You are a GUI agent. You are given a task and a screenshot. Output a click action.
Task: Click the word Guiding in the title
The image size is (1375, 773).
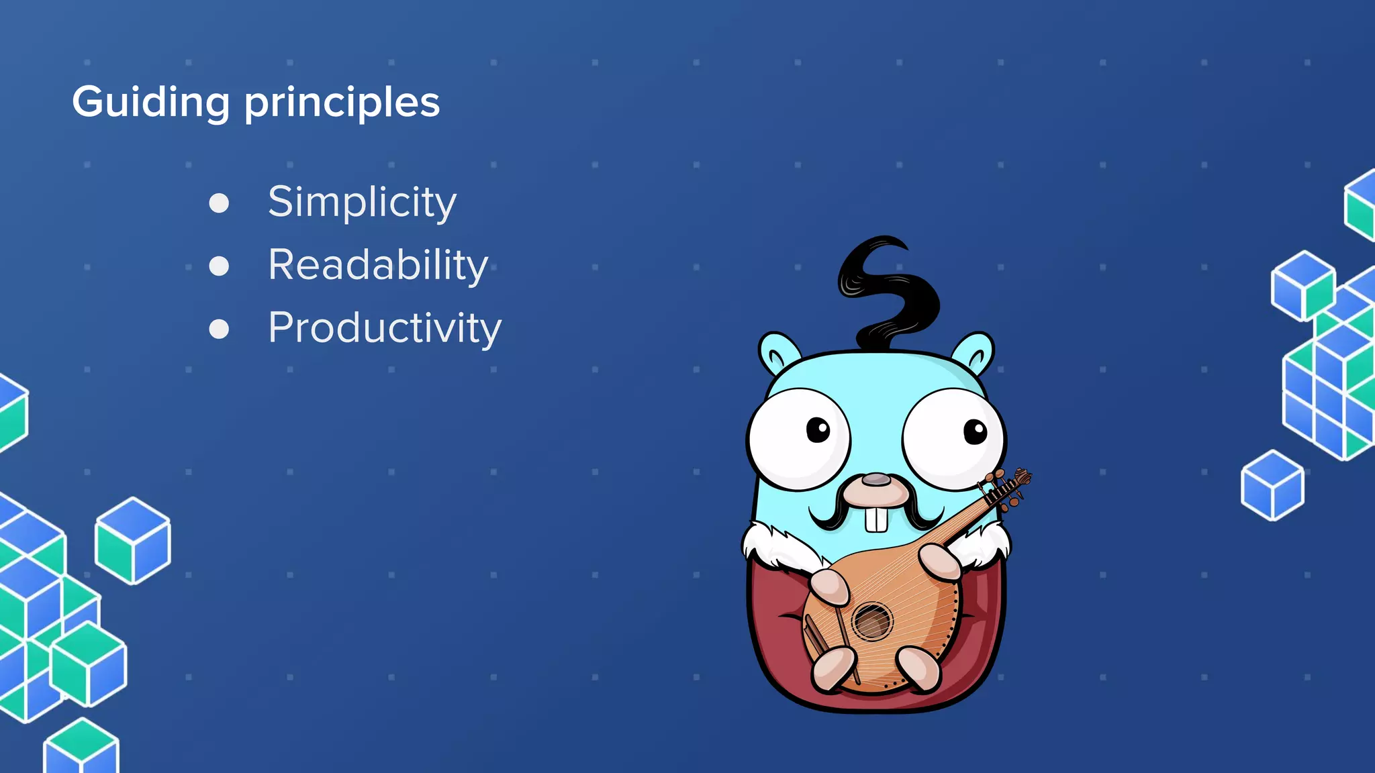[x=150, y=103]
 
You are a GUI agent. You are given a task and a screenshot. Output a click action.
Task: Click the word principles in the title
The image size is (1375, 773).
[x=342, y=103]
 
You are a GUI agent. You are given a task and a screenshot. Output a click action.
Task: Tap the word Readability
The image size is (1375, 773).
[x=377, y=264]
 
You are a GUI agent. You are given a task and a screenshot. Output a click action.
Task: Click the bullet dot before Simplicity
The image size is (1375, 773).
[x=219, y=203]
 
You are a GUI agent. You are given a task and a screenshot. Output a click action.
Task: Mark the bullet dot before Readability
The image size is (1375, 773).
[x=219, y=266]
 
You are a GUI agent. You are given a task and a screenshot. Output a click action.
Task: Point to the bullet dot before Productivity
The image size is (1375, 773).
[x=219, y=329]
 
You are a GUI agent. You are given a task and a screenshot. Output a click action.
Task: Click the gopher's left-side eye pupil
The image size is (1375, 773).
[x=818, y=429]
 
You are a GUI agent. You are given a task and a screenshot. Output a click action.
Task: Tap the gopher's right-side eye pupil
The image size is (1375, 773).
[x=975, y=431]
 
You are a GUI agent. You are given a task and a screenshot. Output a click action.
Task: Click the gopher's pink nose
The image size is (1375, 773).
[x=875, y=480]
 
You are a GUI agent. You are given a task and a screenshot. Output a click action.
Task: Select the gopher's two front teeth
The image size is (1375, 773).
[x=876, y=520]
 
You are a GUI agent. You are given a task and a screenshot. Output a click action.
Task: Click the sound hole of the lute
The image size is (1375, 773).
[x=872, y=621]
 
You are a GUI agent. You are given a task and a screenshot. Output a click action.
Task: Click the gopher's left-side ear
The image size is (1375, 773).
[x=779, y=352]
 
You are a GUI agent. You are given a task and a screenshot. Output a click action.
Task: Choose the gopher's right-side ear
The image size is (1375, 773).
[x=974, y=352]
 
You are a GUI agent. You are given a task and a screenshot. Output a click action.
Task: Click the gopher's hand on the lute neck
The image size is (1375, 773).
[x=940, y=560]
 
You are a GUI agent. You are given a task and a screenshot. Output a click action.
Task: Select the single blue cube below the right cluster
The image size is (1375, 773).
[x=1272, y=485]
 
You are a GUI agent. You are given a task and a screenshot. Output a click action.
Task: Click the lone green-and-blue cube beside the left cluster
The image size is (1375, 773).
[x=133, y=540]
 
